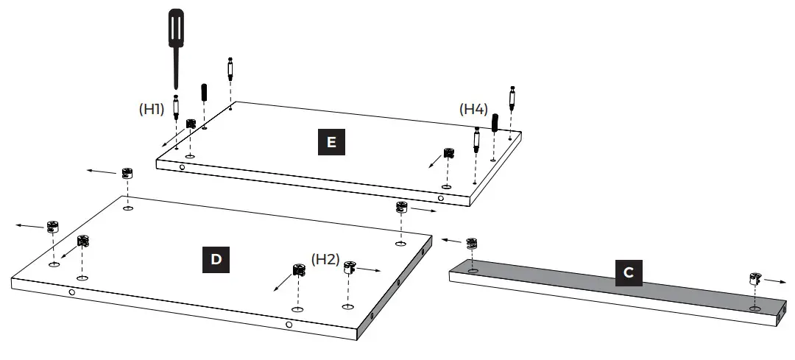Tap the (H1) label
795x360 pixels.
coord(152,109)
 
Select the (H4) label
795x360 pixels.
coord(473,109)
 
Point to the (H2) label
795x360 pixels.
coord(325,259)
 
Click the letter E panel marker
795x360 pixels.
coord(331,142)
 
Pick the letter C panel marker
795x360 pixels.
coord(628,272)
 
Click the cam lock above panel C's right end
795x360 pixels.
coord(755,278)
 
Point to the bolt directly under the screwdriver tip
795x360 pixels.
coord(176,108)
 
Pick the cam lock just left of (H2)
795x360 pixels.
coord(300,269)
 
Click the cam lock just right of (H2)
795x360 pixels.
coord(350,266)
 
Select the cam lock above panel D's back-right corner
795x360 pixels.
coord(401,208)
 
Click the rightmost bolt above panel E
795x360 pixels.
coord(510,97)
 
